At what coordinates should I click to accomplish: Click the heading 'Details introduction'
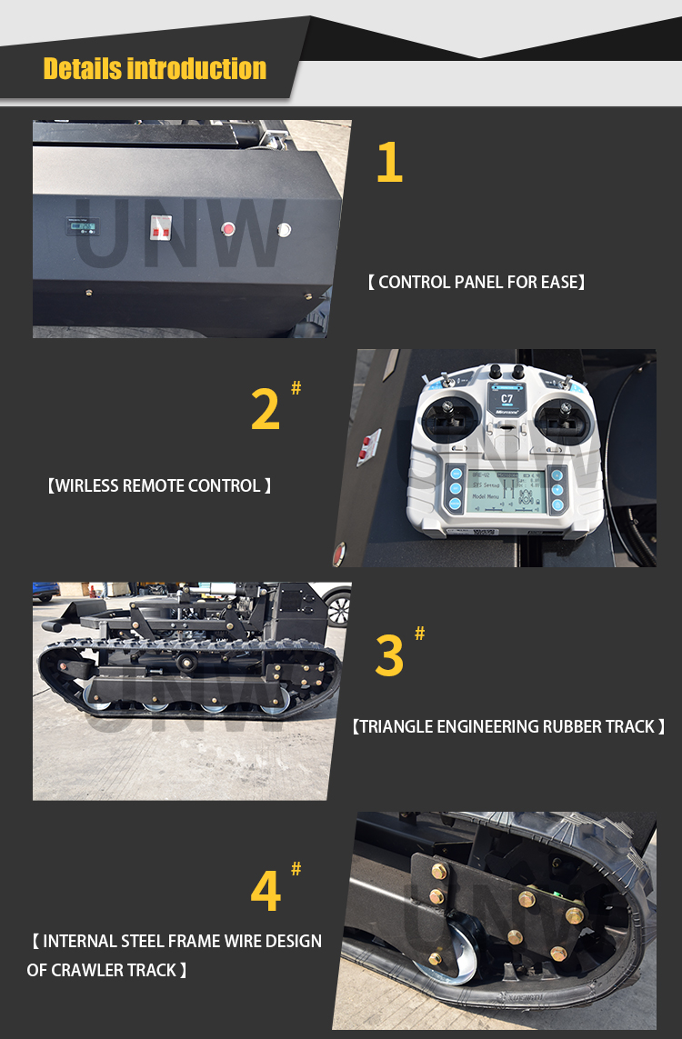coord(155,69)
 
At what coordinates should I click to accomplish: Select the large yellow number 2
coord(265,409)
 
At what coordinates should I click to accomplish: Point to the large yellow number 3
coord(389,655)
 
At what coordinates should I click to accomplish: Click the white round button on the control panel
coord(284,230)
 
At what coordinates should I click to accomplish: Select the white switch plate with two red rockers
coord(161,228)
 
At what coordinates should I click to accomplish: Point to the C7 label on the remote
coord(507,397)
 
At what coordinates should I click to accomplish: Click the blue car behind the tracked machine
coord(45,591)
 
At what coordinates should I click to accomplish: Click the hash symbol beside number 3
coord(419,634)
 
